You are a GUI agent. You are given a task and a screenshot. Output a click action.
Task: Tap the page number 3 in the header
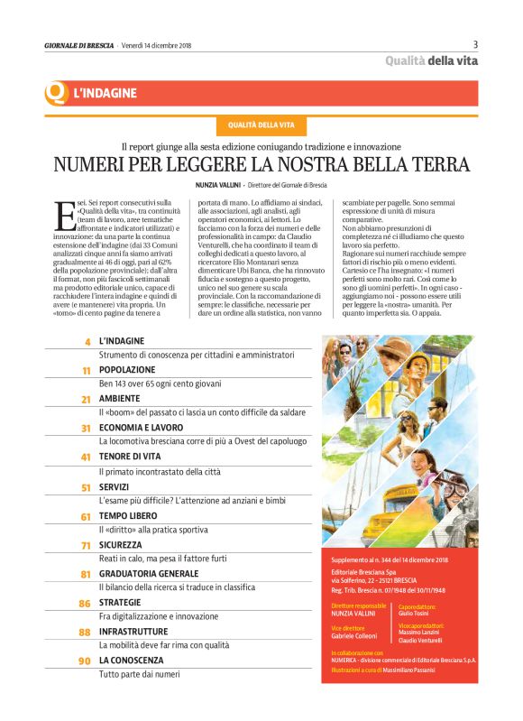pos(475,44)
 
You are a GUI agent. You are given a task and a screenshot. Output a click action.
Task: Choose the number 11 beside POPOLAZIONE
pos(87,371)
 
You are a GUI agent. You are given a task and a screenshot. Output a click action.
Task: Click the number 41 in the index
pos(86,458)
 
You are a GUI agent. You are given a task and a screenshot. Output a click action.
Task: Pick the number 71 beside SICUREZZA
pos(86,546)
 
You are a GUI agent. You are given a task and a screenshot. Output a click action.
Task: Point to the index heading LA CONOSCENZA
pos(133,661)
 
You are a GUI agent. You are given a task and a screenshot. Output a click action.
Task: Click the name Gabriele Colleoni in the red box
pos(355,635)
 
